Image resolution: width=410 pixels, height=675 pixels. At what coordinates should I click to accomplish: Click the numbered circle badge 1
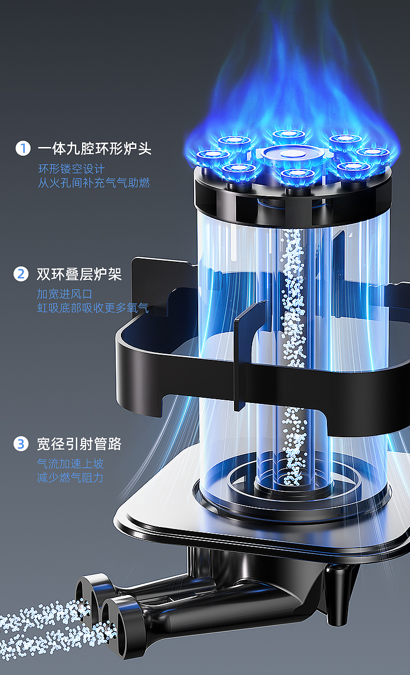pos(23,148)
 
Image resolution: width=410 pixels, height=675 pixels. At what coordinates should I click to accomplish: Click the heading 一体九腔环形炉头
pos(94,148)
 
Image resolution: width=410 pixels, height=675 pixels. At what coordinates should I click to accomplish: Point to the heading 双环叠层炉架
pos(79,274)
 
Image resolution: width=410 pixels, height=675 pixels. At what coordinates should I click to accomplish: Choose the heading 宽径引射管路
pos(79,444)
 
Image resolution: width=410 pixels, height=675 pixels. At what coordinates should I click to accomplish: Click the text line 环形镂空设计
pos(71,169)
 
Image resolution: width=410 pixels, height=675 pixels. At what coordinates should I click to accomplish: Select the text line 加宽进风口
pos(64,294)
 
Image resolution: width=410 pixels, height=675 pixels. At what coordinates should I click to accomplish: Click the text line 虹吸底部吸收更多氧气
pos(92,308)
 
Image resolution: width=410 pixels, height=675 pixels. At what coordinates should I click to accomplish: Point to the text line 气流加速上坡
pos(70,464)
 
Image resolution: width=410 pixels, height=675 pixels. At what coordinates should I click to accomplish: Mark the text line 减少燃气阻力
pos(70,478)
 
